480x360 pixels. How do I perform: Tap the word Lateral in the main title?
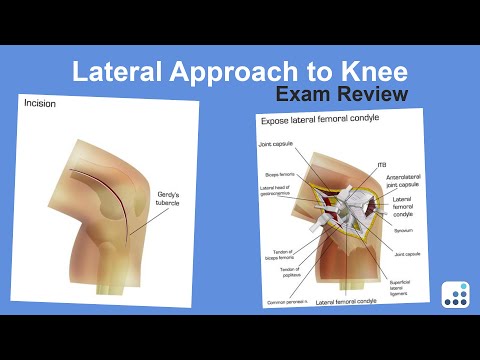(x=119, y=72)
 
